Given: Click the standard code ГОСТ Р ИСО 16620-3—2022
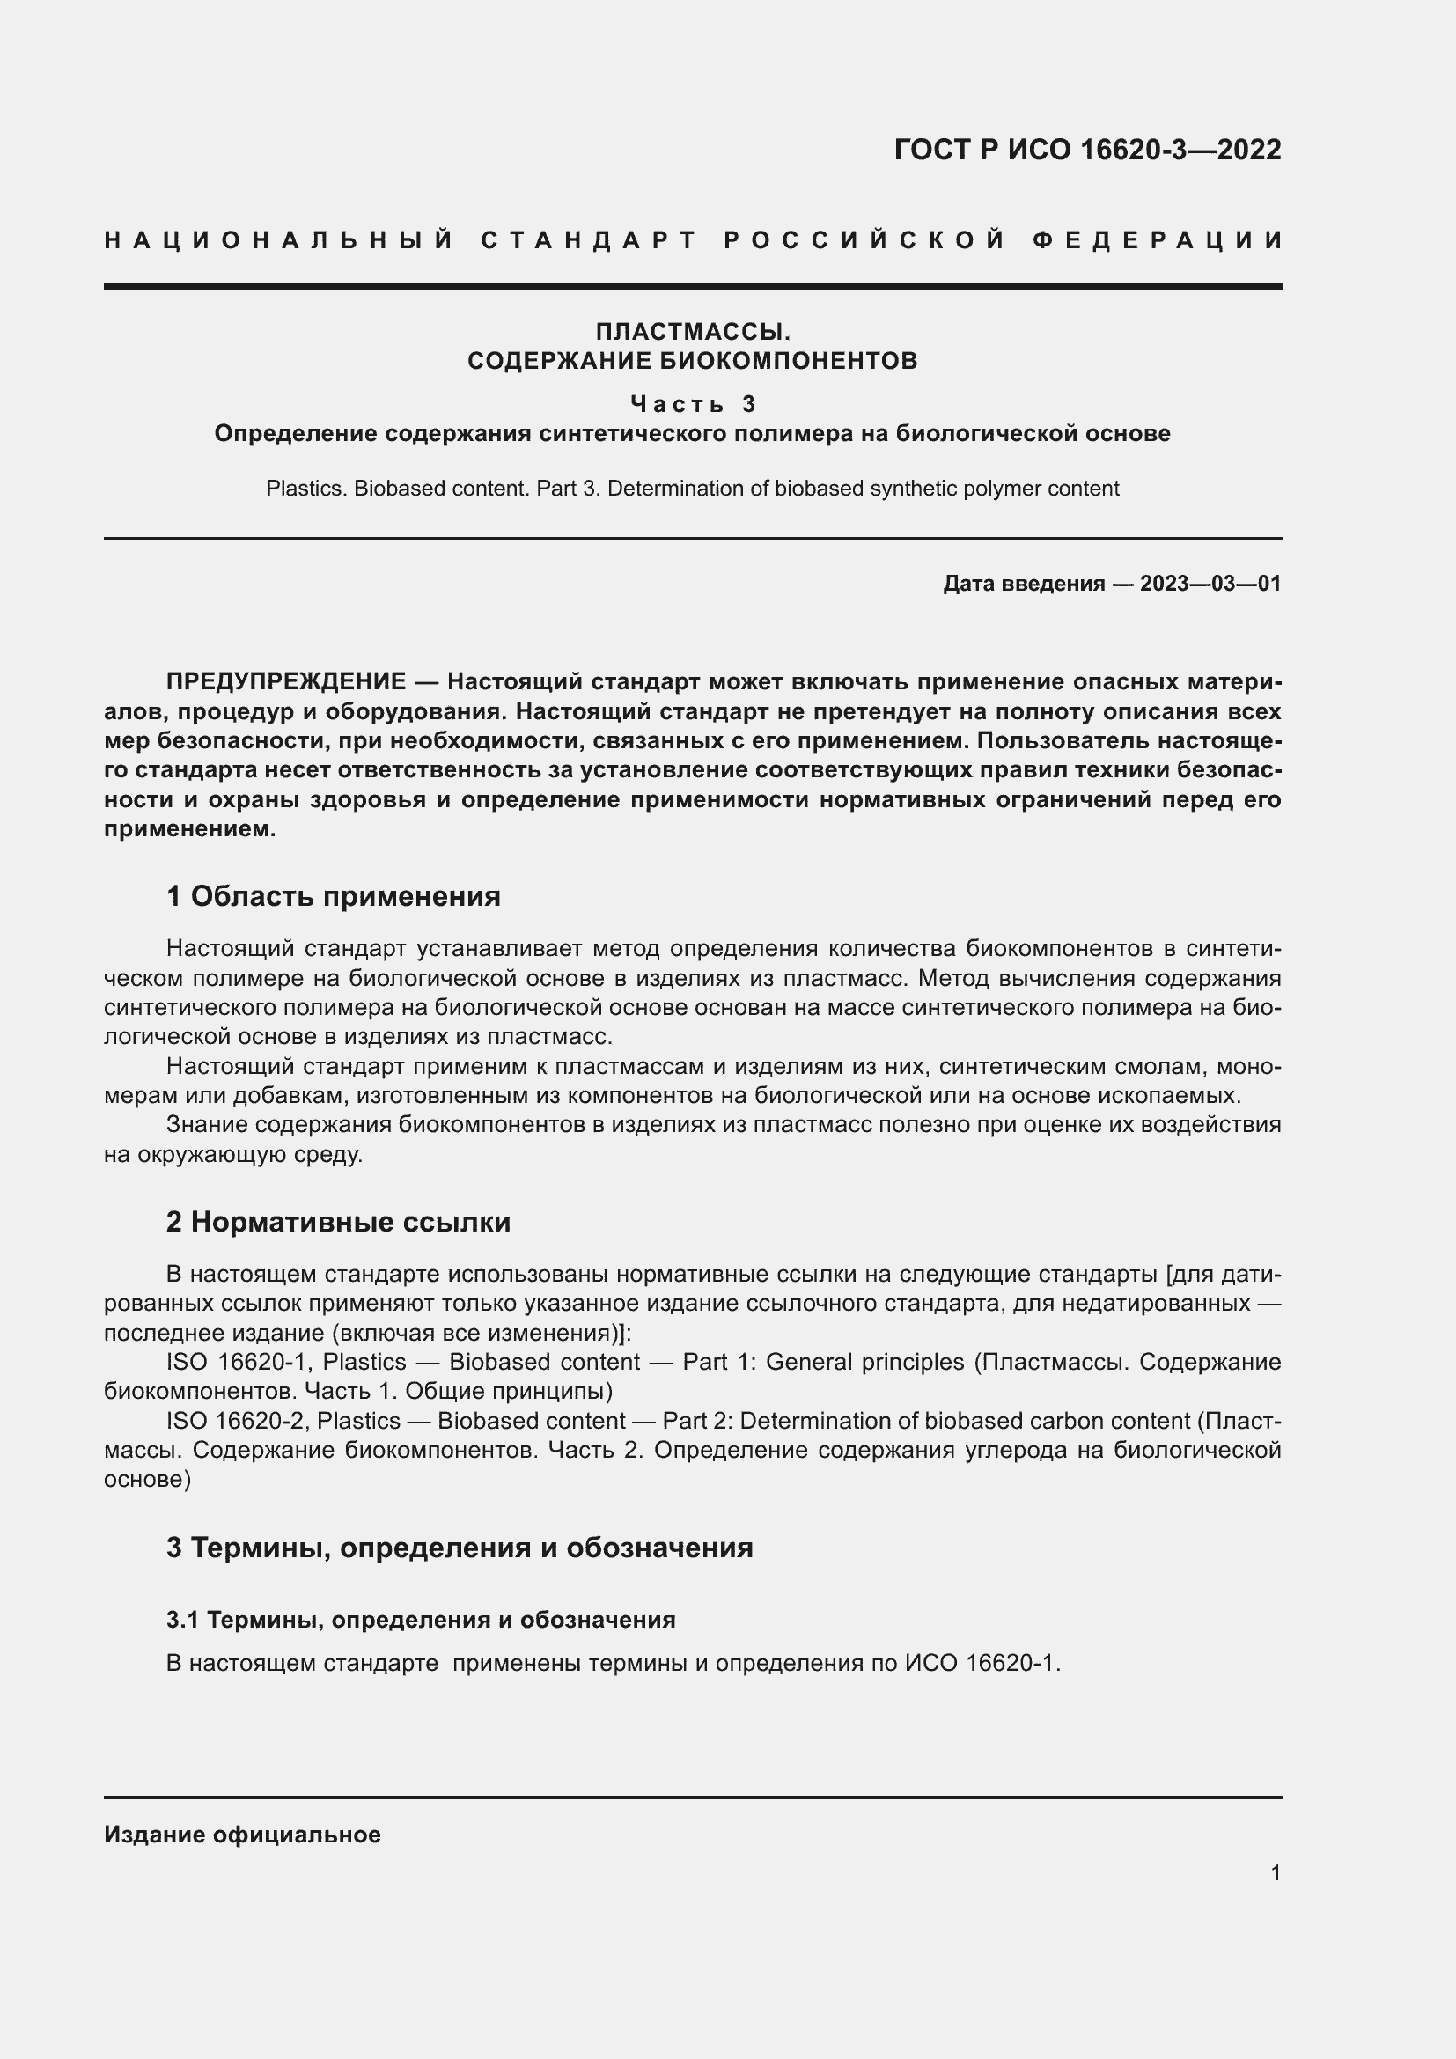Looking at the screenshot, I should (x=1087, y=150).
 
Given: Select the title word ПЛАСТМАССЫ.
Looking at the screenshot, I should (x=693, y=332).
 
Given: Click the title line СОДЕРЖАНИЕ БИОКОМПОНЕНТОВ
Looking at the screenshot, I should (x=693, y=362).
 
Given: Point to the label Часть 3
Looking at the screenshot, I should (x=693, y=403).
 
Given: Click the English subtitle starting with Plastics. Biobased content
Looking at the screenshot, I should (x=693, y=489).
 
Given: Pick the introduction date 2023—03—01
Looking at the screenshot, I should (x=1210, y=584).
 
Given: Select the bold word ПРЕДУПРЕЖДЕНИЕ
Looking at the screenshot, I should (x=286, y=681).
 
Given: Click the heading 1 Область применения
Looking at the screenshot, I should (x=334, y=896).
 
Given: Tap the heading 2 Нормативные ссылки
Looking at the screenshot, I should (x=338, y=1222).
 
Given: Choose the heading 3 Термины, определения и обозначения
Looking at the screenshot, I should (x=459, y=1547).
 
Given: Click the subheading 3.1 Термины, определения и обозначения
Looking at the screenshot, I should (x=421, y=1620).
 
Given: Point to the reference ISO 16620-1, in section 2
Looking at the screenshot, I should (x=241, y=1362).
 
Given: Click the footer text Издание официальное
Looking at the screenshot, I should (x=242, y=1835).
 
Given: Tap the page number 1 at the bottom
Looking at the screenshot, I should (x=1276, y=1872).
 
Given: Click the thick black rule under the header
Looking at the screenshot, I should (x=693, y=286).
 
